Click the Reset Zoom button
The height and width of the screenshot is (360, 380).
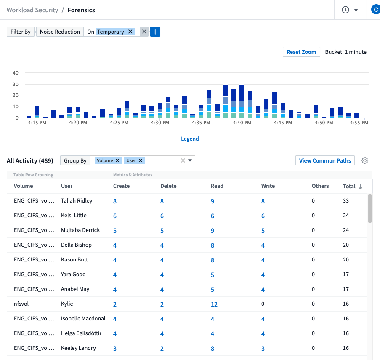click(301, 52)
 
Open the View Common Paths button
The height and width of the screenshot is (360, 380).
click(325, 160)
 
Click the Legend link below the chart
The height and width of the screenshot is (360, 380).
click(190, 139)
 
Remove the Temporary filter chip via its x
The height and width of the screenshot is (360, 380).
click(130, 32)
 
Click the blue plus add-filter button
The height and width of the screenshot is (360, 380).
click(155, 32)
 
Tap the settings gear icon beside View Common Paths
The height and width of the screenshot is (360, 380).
click(365, 160)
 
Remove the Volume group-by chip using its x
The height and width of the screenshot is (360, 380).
click(118, 160)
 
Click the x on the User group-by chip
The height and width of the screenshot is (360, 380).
click(141, 160)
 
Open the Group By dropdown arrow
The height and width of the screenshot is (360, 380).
click(190, 160)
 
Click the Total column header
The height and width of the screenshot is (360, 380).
click(349, 186)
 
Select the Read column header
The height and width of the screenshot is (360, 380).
click(217, 186)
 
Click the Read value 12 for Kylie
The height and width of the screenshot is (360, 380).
click(214, 304)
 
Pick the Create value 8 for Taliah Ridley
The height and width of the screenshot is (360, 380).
click(115, 201)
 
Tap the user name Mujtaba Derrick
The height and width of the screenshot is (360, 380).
click(80, 230)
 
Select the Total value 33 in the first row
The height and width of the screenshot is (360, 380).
click(346, 201)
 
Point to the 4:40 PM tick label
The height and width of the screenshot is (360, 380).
click(242, 123)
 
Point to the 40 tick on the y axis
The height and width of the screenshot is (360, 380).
click(16, 73)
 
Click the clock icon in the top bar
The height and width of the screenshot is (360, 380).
click(345, 10)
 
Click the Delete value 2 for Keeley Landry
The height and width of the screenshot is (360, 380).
click(162, 348)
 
